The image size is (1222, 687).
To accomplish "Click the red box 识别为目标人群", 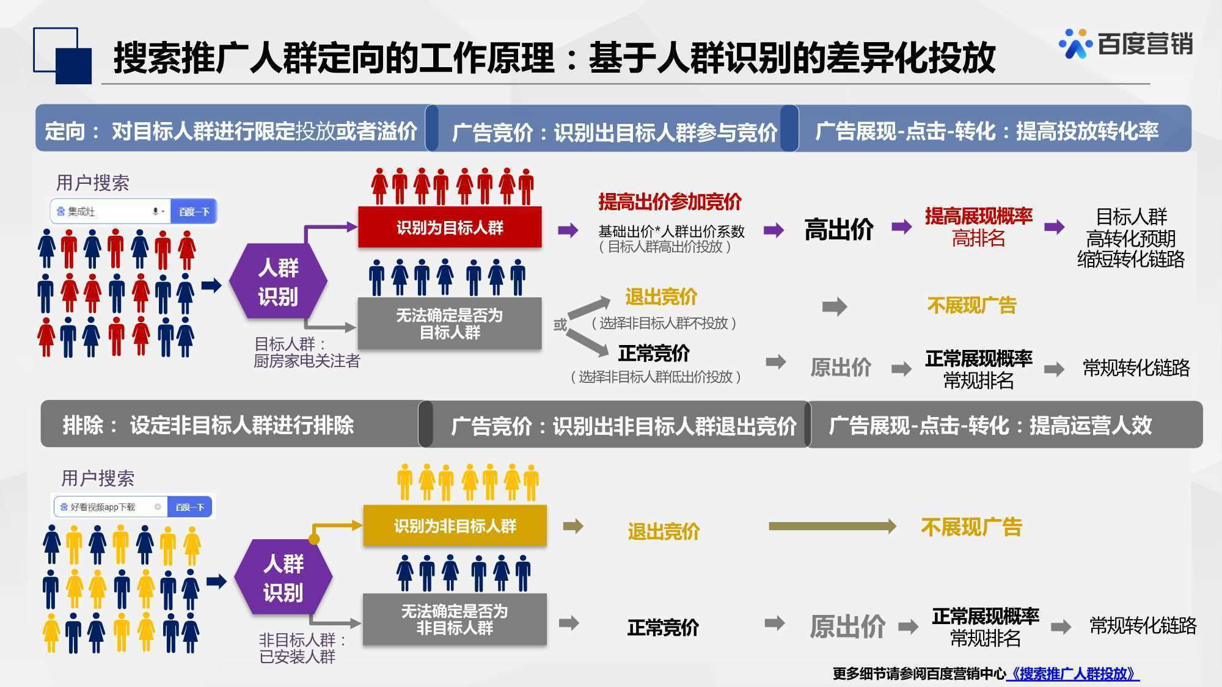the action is coord(450,227).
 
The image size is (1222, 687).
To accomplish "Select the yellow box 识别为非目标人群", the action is coord(455,525).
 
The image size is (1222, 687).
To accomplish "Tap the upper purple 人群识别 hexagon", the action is coord(278,282).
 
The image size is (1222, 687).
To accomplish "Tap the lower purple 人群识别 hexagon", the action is coord(283,577).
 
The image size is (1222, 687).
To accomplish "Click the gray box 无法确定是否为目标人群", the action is coord(450,324).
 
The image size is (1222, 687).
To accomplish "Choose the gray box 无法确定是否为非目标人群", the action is coord(455,619).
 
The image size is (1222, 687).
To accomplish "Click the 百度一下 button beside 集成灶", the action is coord(194,211).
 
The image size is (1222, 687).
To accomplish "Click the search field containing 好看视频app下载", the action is coord(111,507).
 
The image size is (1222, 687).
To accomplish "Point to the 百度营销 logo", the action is coord(1126,43).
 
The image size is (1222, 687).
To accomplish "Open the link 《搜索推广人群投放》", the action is coord(1073,674).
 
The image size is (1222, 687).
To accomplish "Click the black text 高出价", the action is coord(838,230).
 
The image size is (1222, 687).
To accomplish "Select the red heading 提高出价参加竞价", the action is coord(670,202).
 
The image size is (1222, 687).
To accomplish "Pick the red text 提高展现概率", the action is coord(978,216).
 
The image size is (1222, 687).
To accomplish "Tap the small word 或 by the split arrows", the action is coord(560,325).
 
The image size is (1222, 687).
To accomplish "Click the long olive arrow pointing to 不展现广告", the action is coord(832,526).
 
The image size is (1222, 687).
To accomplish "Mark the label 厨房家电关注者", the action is coord(307,361).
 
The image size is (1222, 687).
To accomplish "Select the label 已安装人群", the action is coord(298,656).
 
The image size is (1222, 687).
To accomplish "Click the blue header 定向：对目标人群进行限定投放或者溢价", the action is coord(231,131).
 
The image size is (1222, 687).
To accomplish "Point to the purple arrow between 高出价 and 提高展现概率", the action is coord(902,227).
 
